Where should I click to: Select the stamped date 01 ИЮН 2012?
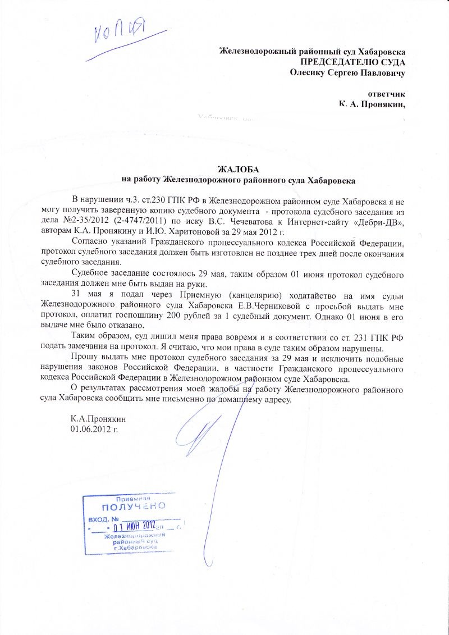click(134, 526)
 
